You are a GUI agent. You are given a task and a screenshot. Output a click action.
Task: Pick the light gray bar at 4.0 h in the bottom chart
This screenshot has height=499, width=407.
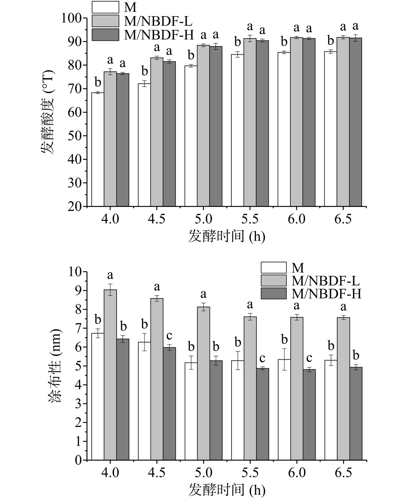click(x=110, y=375)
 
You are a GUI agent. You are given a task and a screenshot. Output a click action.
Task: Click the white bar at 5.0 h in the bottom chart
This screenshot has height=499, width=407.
click(x=191, y=411)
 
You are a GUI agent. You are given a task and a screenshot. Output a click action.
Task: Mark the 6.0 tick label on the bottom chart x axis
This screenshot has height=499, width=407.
click(x=297, y=473)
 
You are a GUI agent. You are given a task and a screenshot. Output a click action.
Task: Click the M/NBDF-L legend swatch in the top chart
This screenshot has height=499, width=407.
click(x=105, y=21)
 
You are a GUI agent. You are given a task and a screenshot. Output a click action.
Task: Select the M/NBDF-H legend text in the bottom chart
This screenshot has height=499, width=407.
click(x=326, y=294)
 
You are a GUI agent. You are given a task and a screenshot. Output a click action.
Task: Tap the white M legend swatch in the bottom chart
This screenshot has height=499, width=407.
click(x=274, y=268)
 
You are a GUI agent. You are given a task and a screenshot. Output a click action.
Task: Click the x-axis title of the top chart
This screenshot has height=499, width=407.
click(x=226, y=237)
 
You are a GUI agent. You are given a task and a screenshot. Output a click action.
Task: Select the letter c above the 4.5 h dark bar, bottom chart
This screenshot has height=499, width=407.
click(x=169, y=336)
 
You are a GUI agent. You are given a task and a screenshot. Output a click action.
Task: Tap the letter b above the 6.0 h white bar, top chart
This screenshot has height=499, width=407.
click(x=284, y=42)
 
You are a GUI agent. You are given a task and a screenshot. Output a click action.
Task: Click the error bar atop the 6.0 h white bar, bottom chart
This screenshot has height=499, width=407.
click(x=284, y=359)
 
